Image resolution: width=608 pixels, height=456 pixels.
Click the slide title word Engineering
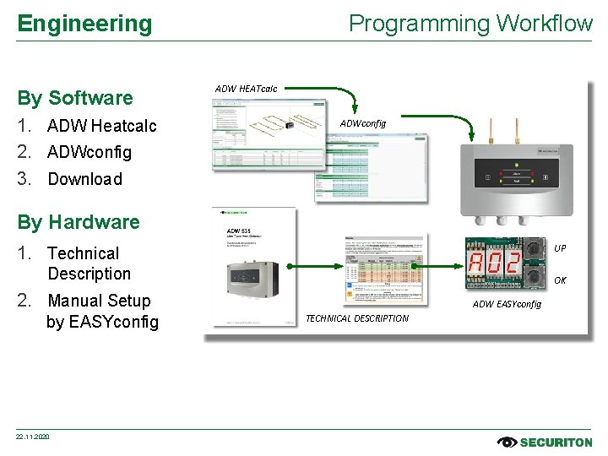(84, 24)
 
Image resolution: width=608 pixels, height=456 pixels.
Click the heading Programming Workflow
(470, 24)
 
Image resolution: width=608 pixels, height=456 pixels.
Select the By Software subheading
(75, 98)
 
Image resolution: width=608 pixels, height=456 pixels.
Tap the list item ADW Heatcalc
(101, 126)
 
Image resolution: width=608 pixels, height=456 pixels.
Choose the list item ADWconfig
(90, 152)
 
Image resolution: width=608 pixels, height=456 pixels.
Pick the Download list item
(84, 179)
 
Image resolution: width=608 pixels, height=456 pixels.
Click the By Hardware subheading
(79, 222)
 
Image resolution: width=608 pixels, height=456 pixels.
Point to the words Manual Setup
(99, 301)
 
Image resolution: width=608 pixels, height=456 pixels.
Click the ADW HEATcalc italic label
(246, 89)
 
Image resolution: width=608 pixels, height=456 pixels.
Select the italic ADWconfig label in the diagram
(362, 123)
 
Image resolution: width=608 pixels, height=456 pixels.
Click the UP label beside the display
(560, 248)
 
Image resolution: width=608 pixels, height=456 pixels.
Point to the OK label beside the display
(560, 280)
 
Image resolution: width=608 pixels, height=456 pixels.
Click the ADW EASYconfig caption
(507, 304)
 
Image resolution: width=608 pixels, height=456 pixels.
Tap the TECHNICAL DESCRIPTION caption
(356, 318)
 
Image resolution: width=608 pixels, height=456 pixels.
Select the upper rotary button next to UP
(534, 247)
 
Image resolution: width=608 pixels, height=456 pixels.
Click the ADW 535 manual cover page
(253, 267)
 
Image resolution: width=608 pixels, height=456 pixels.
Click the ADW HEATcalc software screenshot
(269, 135)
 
